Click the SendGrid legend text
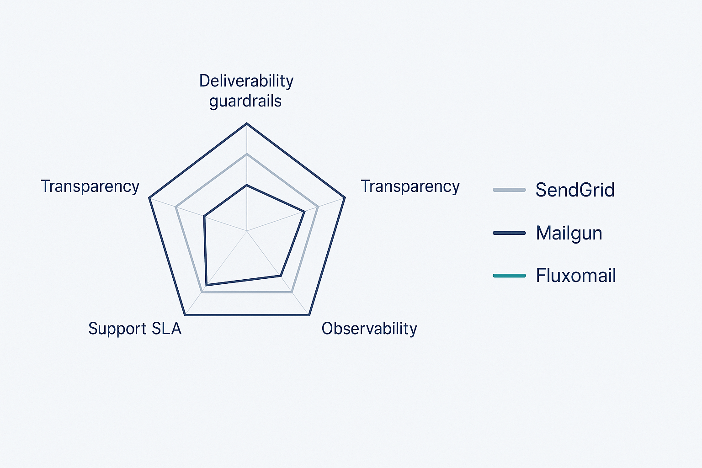click(x=575, y=190)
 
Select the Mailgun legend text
click(x=569, y=233)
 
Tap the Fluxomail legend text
click(x=576, y=276)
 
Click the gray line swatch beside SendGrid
click(x=509, y=190)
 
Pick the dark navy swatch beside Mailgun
click(x=509, y=233)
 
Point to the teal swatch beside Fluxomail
click(x=509, y=276)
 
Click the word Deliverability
click(x=246, y=81)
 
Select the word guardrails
click(x=245, y=101)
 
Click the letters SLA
click(x=166, y=329)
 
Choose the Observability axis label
click(x=369, y=329)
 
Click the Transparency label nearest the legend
click(x=410, y=187)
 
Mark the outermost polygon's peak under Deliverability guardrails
click(x=247, y=123)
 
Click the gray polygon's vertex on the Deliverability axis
click(x=247, y=154)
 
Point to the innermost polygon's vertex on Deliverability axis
click(x=247, y=185)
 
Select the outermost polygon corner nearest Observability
click(x=309, y=315)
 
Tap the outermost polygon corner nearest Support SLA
click(x=185, y=315)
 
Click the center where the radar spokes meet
click(x=247, y=231)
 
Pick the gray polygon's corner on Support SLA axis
click(x=202, y=292)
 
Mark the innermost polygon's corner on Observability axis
click(x=280, y=276)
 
